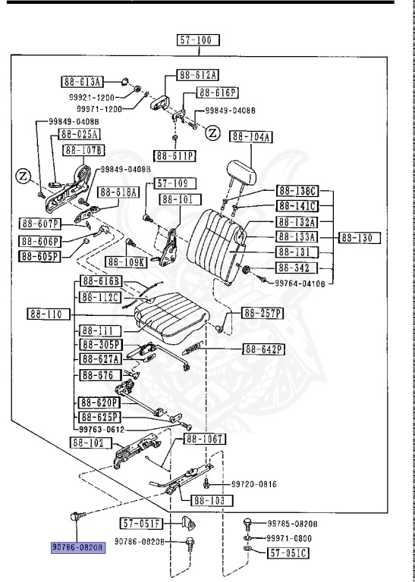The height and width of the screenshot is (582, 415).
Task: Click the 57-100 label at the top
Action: tap(197, 40)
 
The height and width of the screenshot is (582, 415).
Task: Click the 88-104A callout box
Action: tap(252, 137)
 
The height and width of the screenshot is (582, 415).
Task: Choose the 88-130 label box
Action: tap(358, 238)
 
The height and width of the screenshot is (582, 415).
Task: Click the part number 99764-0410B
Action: tap(300, 283)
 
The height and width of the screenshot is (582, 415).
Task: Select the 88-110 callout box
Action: tap(37, 314)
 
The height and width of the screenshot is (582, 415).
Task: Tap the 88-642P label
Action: tap(263, 349)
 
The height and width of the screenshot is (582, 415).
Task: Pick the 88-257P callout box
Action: tap(263, 313)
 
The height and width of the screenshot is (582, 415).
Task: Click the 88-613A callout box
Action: tap(81, 81)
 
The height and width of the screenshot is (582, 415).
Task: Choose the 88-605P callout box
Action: tap(39, 255)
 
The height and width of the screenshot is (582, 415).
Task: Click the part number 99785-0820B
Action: tap(292, 523)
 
